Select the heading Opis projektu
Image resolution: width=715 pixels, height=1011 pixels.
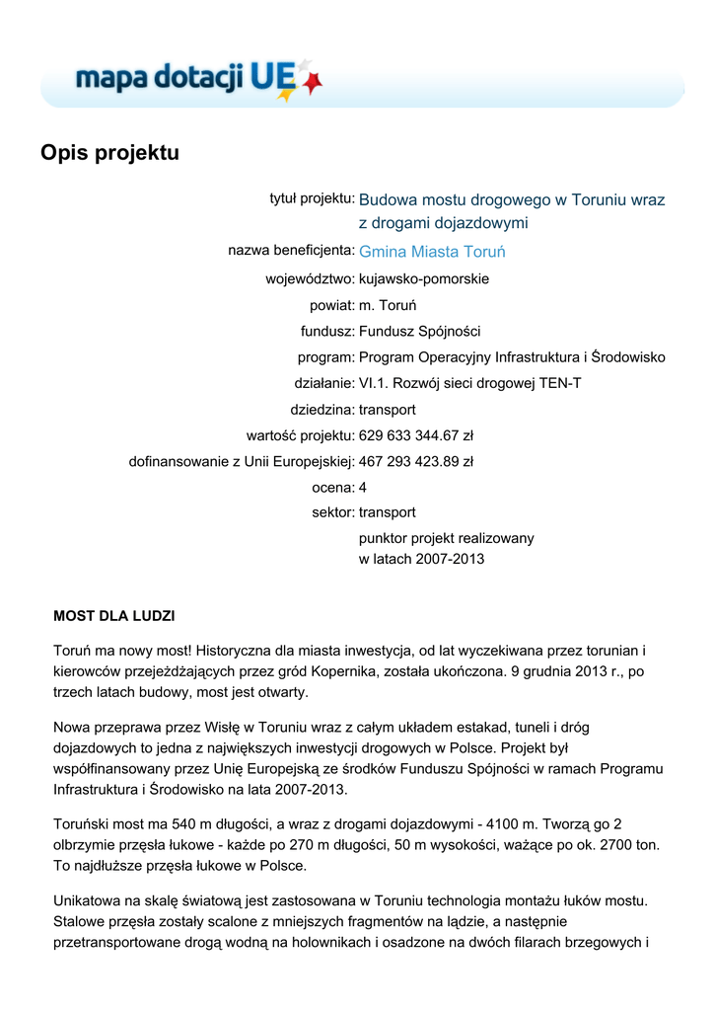[109, 153]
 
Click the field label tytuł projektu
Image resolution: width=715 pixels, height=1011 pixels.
[312, 199]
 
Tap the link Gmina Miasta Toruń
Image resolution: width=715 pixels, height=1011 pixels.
[430, 252]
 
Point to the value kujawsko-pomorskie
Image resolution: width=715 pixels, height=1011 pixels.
[423, 279]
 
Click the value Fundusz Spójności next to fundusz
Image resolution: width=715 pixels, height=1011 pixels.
[419, 332]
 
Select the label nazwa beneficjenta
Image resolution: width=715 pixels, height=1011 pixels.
[291, 251]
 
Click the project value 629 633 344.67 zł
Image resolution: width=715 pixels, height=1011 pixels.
[415, 435]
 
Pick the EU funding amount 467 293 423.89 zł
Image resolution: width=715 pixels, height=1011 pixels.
[415, 461]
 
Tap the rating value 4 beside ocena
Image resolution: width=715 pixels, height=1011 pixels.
[363, 488]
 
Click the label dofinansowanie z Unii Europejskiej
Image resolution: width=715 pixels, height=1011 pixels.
[242, 461]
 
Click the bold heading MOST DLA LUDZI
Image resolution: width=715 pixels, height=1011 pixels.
[113, 616]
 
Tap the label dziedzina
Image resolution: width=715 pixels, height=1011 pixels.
[321, 410]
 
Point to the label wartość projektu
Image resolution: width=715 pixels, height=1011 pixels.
[300, 435]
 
